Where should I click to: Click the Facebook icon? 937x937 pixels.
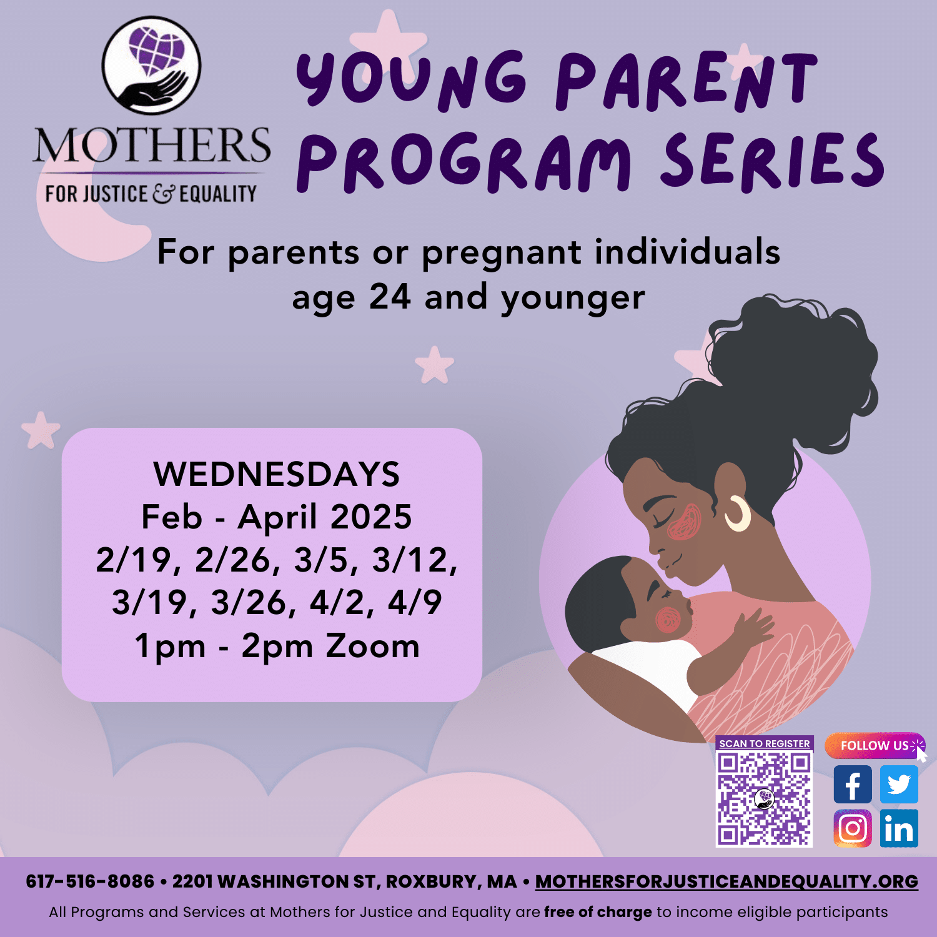tap(853, 785)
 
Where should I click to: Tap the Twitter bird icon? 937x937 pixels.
tap(899, 785)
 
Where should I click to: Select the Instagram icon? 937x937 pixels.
tap(853, 828)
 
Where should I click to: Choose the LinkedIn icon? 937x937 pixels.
tap(899, 828)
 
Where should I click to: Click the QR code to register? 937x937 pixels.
tap(764, 799)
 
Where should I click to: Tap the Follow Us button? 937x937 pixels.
tap(875, 745)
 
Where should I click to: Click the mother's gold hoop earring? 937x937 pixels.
tap(739, 514)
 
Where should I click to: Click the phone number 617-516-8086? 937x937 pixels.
tap(90, 881)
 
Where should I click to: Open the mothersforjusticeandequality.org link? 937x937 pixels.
tap(726, 881)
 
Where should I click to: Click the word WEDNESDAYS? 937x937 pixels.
tap(277, 474)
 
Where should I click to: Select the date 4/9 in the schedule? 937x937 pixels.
tap(415, 602)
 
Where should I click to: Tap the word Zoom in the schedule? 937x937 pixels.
tap(372, 646)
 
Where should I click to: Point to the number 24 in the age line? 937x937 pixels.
tap(390, 297)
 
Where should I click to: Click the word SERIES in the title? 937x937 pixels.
tap(772, 161)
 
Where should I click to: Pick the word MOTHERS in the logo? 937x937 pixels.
tap(152, 146)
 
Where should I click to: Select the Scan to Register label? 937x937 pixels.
tap(764, 743)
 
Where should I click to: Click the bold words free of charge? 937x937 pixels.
tap(598, 912)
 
